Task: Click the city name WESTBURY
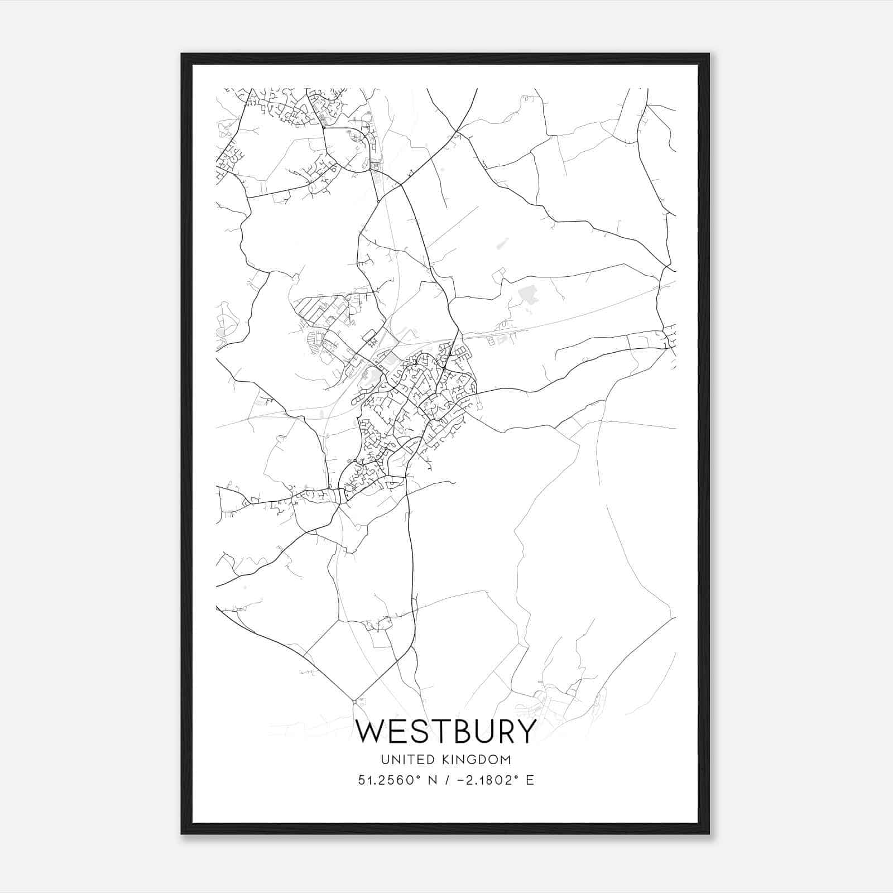click(446, 731)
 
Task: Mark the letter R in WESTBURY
click(504, 731)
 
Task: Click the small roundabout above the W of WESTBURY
click(354, 700)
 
